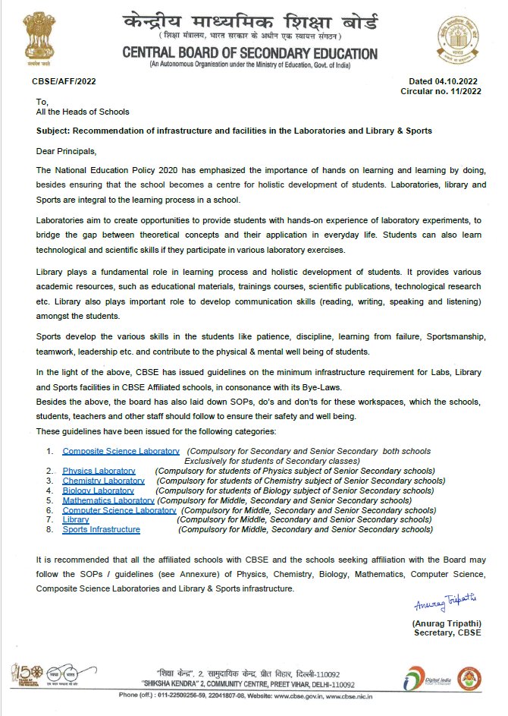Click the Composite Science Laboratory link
click(x=121, y=451)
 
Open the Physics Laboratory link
click(x=99, y=471)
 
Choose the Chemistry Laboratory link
click(x=103, y=481)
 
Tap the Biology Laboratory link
click(x=98, y=490)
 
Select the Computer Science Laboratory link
click(x=119, y=510)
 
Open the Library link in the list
click(x=76, y=520)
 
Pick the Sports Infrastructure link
click(x=101, y=529)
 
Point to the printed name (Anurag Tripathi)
click(x=444, y=623)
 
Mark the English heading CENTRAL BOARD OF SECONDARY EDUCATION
click(x=250, y=53)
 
